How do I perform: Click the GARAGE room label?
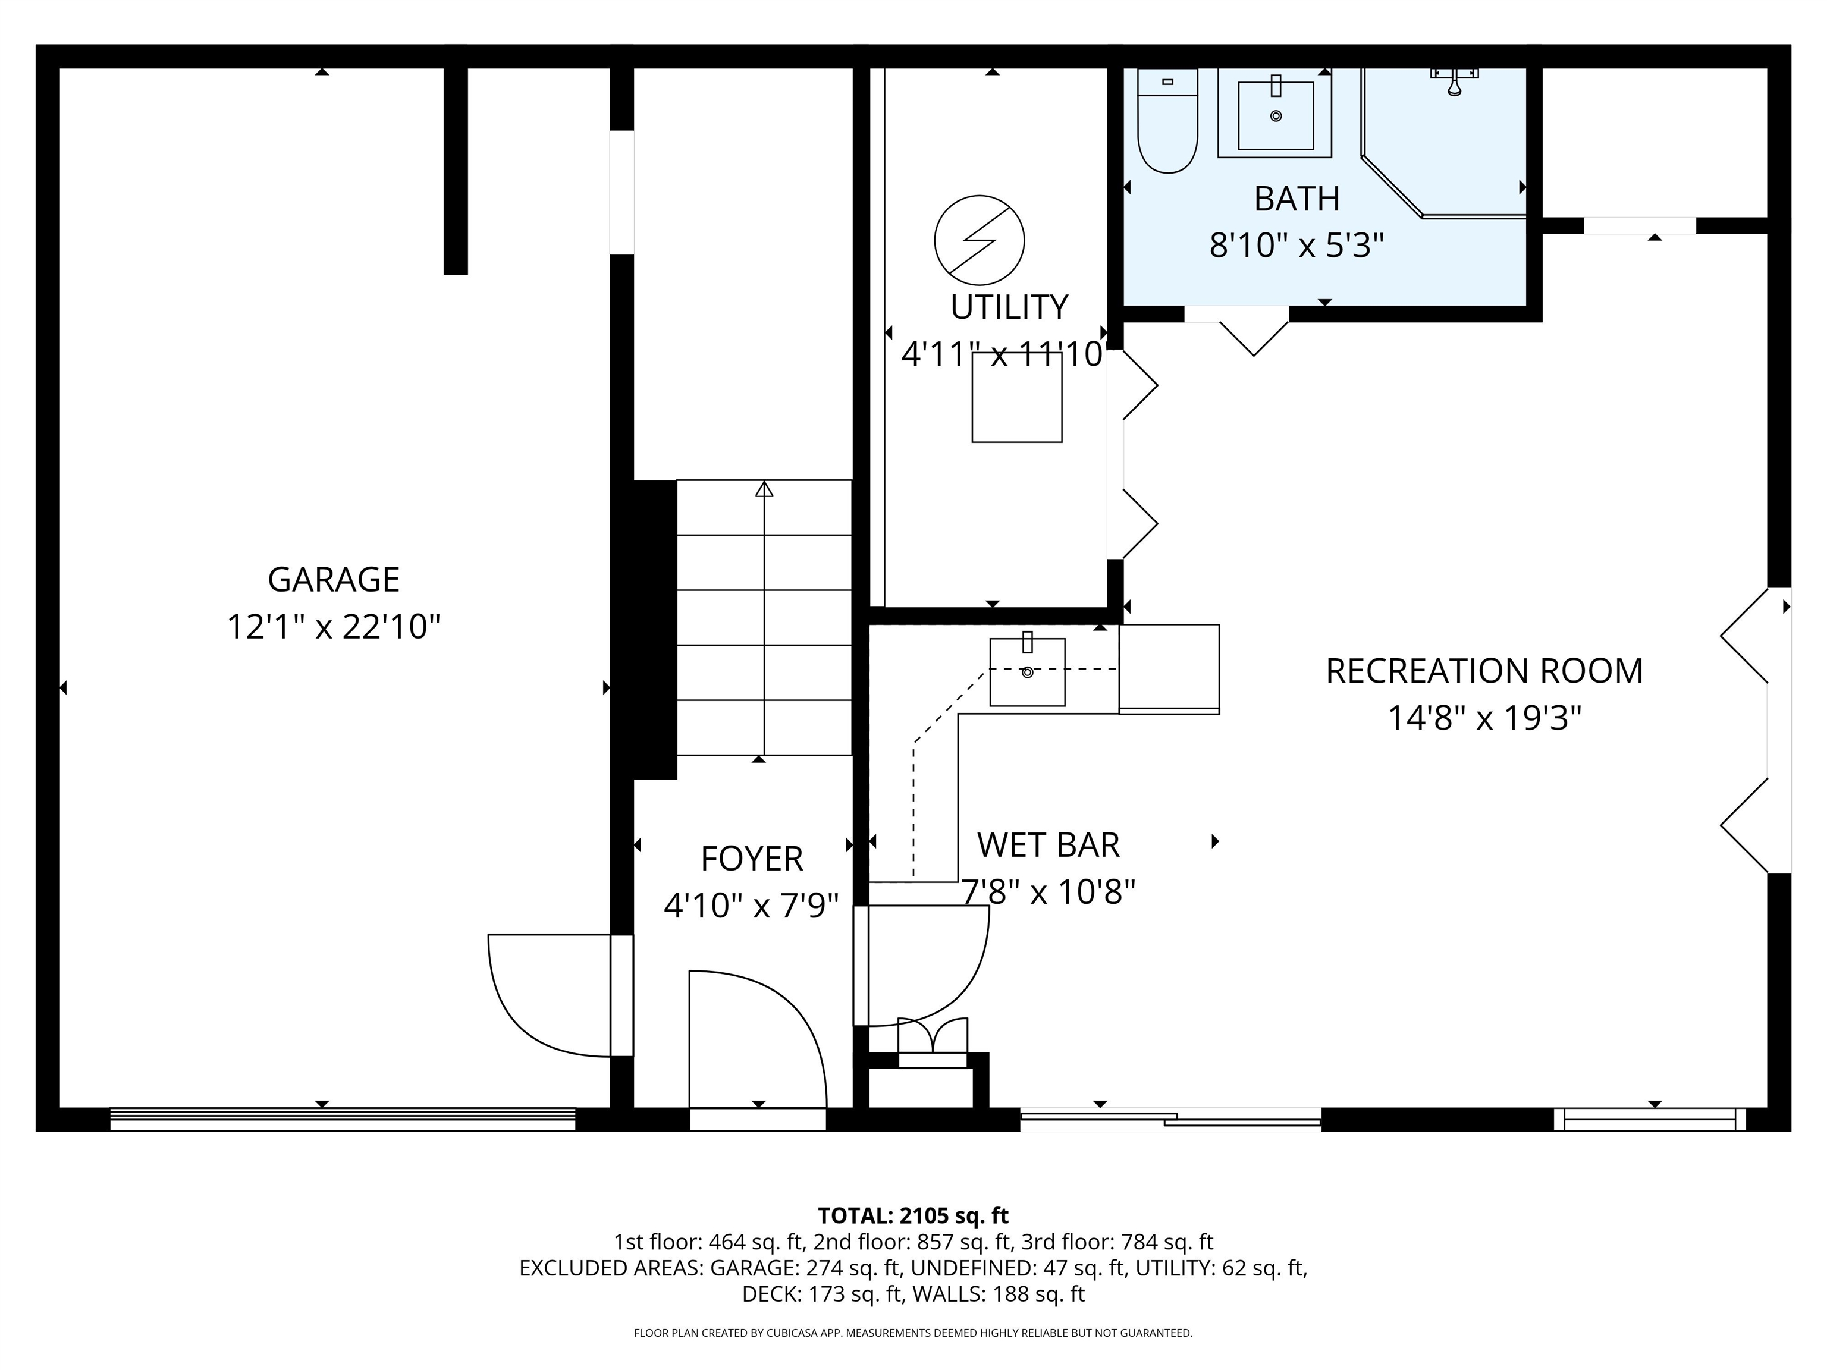pos(334,580)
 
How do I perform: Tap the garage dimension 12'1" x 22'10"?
pos(334,627)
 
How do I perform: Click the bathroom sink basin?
pos(1275,115)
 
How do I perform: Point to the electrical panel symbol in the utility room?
pos(980,240)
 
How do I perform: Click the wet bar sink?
pos(1028,671)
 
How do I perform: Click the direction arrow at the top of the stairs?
pos(764,490)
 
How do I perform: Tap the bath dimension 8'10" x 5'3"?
pos(1297,245)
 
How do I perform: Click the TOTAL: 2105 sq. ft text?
pos(913,1215)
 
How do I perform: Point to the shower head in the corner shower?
pos(1455,81)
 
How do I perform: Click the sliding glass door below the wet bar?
pos(1170,1119)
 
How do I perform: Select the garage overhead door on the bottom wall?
pos(343,1119)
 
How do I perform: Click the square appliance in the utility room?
pos(1017,397)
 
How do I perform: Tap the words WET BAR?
pos(1048,845)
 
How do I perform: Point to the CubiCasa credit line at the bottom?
pos(913,1332)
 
